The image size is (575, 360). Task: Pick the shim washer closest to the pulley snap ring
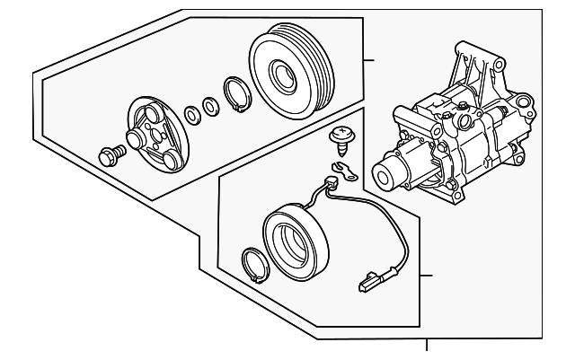[x=211, y=107]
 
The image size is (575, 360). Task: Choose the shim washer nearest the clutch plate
[x=192, y=114]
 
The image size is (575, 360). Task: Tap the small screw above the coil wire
[x=341, y=137]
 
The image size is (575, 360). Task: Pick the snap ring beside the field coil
[x=256, y=266]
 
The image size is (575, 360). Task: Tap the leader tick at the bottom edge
[x=427, y=347]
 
